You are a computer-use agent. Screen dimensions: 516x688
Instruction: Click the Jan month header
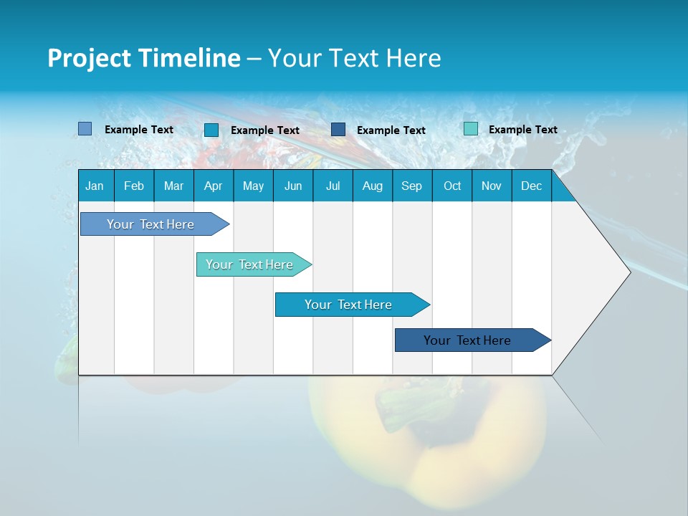[x=95, y=186]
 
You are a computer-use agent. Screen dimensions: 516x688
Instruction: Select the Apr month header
[x=213, y=186]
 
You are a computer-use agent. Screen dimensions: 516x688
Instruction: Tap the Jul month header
[x=333, y=186]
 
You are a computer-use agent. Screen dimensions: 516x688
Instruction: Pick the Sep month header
[x=411, y=186]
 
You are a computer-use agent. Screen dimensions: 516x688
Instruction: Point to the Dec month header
[x=531, y=186]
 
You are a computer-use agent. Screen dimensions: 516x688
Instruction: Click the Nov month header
[x=491, y=186]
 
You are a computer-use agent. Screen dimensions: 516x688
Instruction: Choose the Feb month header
[x=134, y=186]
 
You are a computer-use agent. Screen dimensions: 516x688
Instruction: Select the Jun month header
[x=293, y=186]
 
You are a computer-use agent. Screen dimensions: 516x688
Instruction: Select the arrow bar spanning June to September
[x=349, y=305]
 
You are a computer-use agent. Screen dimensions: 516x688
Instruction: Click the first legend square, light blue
[x=85, y=129]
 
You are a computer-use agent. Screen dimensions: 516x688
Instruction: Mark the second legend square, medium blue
[x=211, y=130]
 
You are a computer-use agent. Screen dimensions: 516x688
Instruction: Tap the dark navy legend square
[x=338, y=130]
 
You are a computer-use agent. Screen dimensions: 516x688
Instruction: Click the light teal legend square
[x=470, y=129]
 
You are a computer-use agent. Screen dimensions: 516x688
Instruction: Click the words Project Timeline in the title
[x=144, y=58]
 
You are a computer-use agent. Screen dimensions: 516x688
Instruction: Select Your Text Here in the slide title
[x=354, y=58]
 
